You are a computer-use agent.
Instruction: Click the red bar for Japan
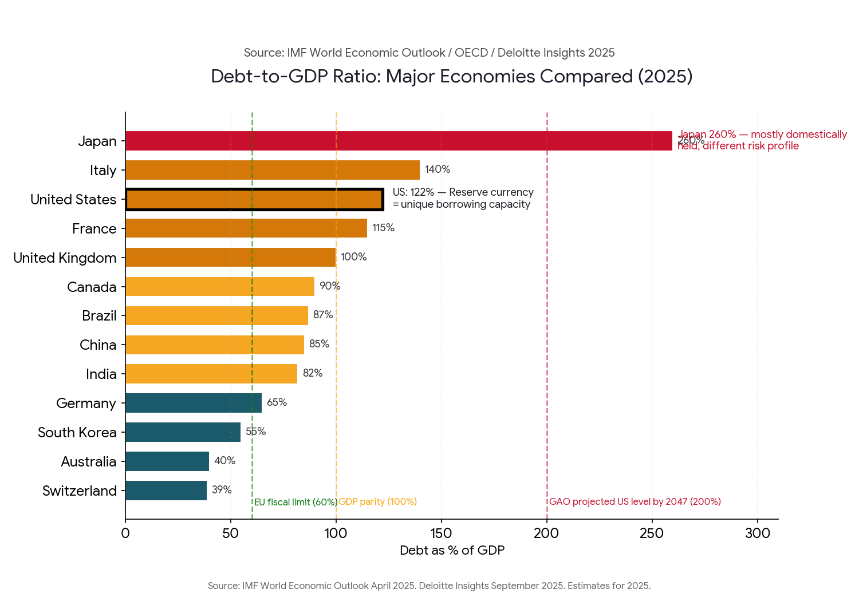(399, 141)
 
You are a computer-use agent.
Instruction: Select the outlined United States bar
(254, 199)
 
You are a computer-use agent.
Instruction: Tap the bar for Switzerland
(166, 491)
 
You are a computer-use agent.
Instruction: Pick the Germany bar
(194, 403)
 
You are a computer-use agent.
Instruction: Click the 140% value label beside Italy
(438, 169)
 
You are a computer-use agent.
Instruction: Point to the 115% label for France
(383, 228)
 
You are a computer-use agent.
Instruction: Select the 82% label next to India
(313, 373)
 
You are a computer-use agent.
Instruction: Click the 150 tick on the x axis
(441, 533)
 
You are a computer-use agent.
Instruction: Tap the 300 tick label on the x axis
(757, 533)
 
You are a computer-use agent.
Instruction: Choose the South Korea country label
(77, 433)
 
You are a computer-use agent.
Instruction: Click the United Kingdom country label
(65, 258)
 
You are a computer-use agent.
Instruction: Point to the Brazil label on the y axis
(99, 316)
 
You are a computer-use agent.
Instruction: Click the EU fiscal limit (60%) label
(295, 502)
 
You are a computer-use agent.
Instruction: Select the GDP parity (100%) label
(378, 502)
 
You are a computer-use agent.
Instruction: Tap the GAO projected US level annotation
(635, 502)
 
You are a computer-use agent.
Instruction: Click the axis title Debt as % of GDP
(452, 551)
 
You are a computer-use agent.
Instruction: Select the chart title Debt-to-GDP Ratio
(451, 76)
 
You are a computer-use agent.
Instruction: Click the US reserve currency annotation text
(463, 198)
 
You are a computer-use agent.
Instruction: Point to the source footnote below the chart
(429, 586)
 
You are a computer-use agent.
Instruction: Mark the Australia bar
(167, 461)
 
